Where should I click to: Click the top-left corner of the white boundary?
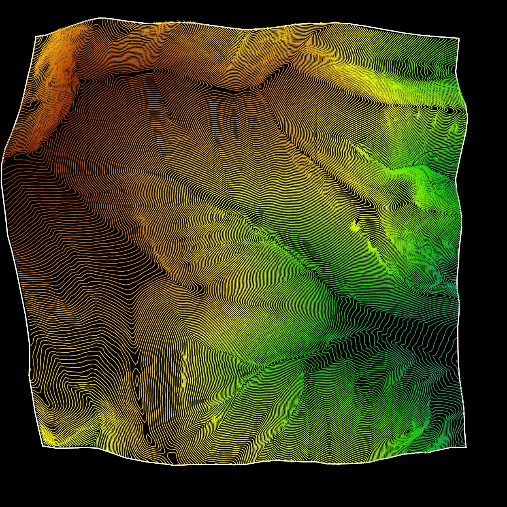(x=36, y=36)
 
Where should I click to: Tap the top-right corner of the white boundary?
(x=459, y=38)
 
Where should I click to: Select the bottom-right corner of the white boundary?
(x=466, y=447)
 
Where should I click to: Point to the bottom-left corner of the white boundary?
(x=43, y=446)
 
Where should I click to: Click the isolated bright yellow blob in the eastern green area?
(x=355, y=227)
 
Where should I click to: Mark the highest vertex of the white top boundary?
(x=100, y=18)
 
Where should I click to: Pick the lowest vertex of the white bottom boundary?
(x=174, y=465)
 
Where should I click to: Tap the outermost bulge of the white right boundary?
(x=467, y=117)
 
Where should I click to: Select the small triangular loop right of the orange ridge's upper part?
(x=83, y=81)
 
